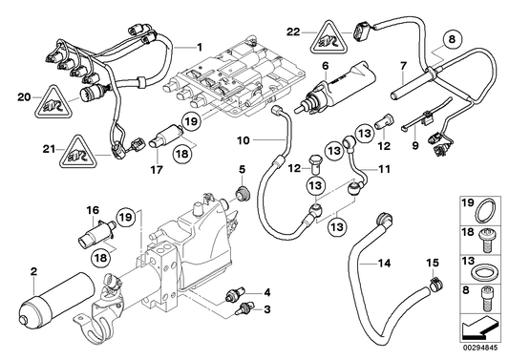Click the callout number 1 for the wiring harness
[200, 47]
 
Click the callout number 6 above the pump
[326, 66]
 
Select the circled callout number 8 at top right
[453, 40]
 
